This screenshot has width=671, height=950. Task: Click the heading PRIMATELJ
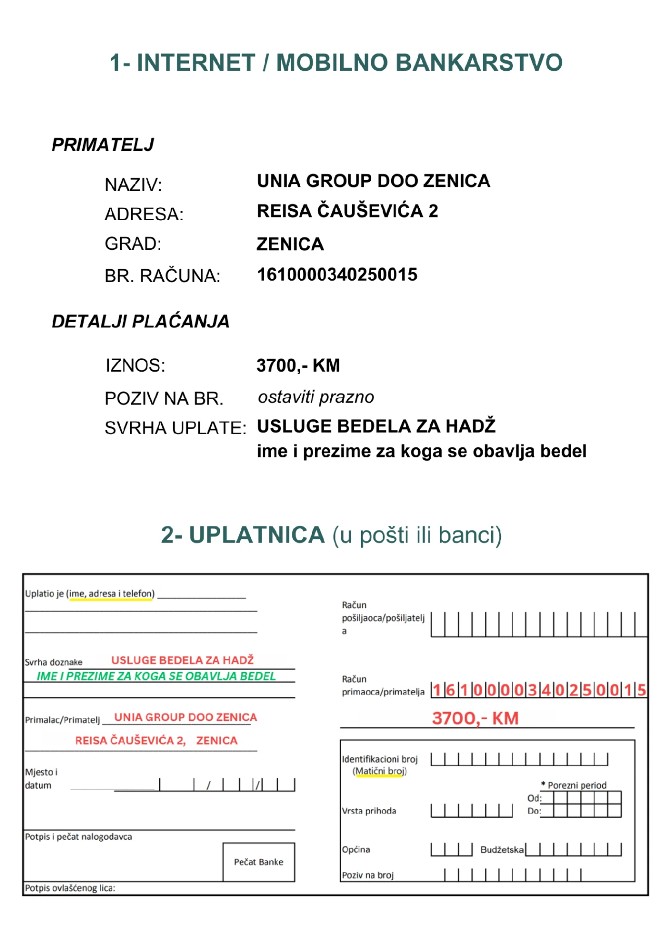102,145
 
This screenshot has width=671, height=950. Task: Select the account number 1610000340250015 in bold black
337,275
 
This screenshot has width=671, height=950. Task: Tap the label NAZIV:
133,185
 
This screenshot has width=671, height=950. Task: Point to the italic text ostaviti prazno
316,397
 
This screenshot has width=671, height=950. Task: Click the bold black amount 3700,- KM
298,365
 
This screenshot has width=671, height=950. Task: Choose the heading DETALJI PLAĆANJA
140,322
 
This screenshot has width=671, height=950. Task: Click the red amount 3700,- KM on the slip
475,718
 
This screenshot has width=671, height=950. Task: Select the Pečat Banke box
259,862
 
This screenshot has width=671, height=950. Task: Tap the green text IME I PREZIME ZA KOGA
156,676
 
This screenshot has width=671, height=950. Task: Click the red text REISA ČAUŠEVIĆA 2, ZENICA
156,741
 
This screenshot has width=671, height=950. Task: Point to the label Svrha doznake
54,662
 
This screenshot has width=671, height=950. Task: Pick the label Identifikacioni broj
380,759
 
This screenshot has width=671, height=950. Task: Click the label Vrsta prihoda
369,811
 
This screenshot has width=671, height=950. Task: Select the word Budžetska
502,850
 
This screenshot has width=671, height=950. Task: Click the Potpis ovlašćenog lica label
70,888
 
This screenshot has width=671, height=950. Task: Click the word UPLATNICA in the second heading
256,535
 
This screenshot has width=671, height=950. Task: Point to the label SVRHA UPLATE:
175,428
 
